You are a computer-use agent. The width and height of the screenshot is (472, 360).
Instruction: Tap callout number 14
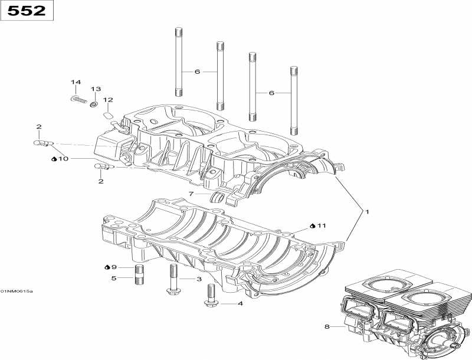76,82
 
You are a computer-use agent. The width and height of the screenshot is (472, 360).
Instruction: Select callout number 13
96,89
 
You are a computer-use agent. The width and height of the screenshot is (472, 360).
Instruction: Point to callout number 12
108,100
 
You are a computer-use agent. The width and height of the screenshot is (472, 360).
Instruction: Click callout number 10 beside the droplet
64,159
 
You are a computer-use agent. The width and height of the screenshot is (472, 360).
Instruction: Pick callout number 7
191,194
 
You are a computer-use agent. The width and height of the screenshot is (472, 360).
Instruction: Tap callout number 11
321,225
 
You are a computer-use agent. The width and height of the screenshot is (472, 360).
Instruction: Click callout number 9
114,267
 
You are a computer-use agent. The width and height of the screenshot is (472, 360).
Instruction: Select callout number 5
114,278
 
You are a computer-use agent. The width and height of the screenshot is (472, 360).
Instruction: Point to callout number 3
199,279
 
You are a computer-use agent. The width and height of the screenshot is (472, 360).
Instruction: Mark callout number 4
240,304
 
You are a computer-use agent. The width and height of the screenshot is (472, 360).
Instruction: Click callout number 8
326,326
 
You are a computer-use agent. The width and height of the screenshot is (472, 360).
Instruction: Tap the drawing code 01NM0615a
17,291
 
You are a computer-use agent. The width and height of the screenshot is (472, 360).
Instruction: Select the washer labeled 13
93,104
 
